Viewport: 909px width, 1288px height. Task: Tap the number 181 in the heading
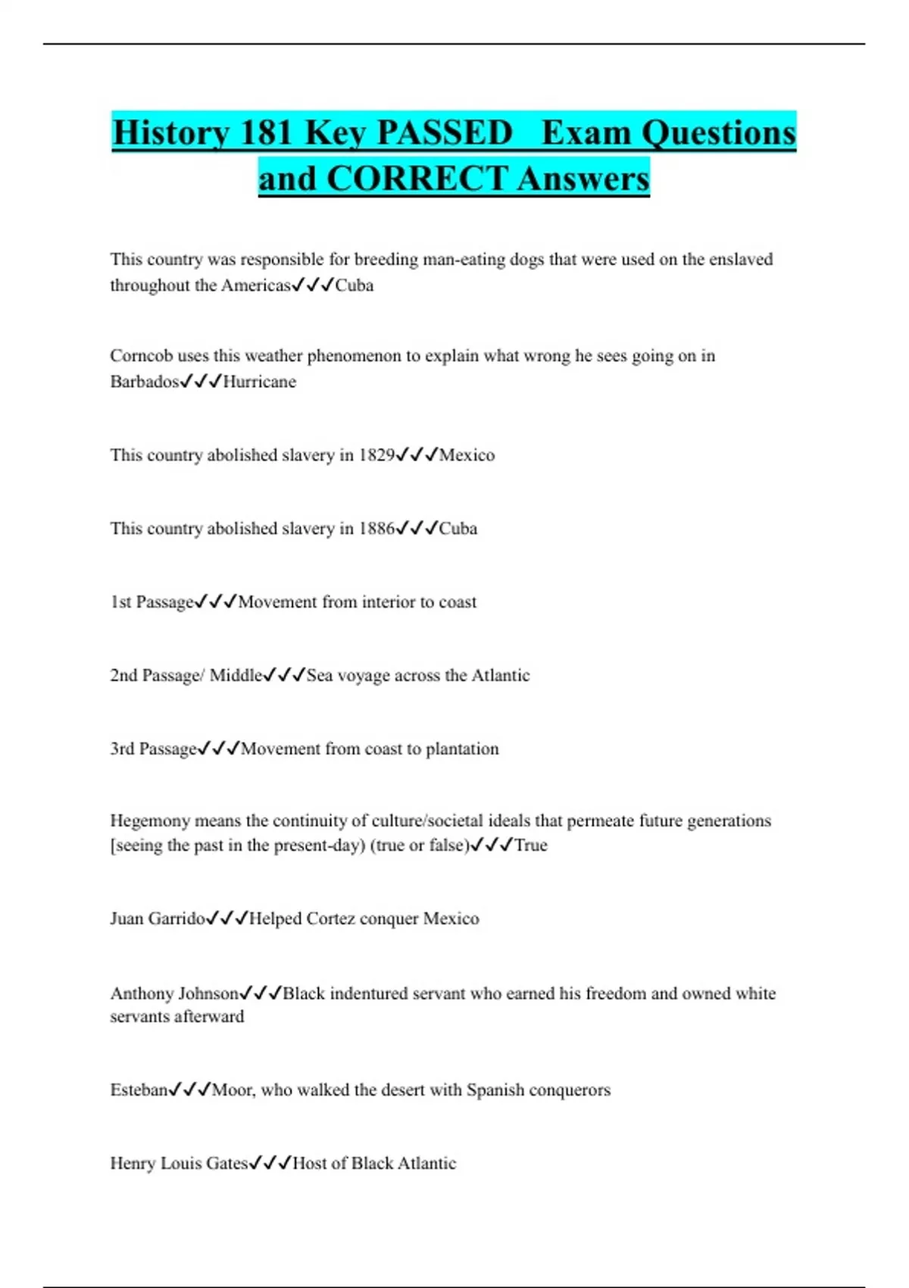pyautogui.click(x=267, y=133)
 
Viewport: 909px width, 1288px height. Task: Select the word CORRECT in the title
pyautogui.click(x=417, y=179)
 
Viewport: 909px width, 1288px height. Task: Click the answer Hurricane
pyautogui.click(x=259, y=382)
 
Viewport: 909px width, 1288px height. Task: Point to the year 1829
pyautogui.click(x=376, y=455)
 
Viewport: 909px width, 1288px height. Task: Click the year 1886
pyautogui.click(x=376, y=529)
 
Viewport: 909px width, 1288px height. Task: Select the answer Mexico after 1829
pyautogui.click(x=467, y=455)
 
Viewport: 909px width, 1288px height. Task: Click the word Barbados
pyautogui.click(x=144, y=382)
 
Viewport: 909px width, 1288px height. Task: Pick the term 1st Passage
pyautogui.click(x=152, y=602)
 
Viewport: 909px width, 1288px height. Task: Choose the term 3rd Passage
pyautogui.click(x=153, y=749)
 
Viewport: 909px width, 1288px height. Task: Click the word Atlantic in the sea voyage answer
pyautogui.click(x=500, y=676)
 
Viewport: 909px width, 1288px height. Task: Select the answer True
pyautogui.click(x=531, y=846)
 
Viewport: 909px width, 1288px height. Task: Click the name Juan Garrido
pyautogui.click(x=158, y=919)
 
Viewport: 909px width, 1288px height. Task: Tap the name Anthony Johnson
pyautogui.click(x=174, y=993)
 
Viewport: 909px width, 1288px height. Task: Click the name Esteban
pyautogui.click(x=139, y=1090)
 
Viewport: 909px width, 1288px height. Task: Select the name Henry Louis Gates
pyautogui.click(x=179, y=1164)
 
